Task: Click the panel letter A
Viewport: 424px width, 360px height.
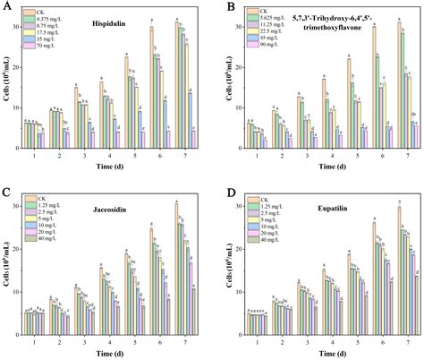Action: click(x=6, y=7)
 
